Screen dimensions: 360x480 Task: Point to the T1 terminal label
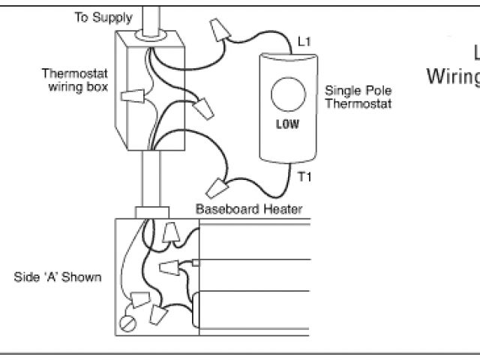304,178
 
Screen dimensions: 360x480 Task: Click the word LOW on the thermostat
288,124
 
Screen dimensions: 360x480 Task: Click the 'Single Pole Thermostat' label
358,97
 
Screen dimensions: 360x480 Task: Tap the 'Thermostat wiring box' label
75,80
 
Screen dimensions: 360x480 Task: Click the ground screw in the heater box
126,325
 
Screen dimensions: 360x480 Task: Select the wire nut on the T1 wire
219,184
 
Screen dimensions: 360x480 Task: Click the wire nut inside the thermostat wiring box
133,96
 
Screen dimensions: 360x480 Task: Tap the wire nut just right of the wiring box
201,110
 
